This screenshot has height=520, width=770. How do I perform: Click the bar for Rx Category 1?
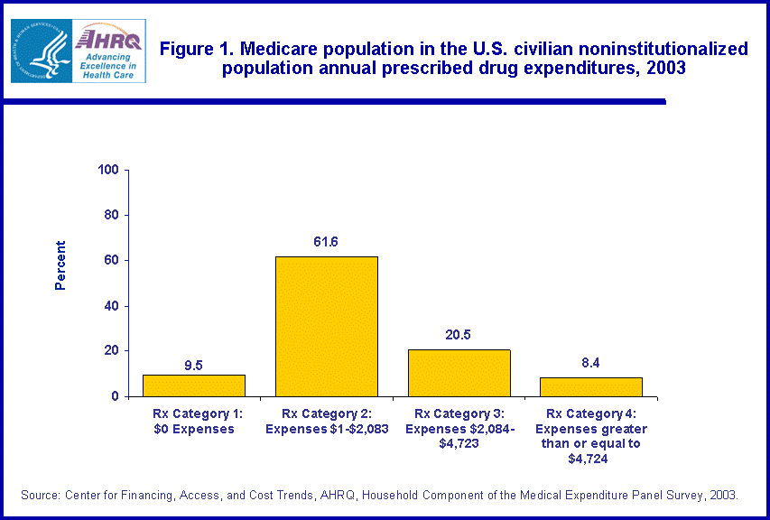click(x=194, y=385)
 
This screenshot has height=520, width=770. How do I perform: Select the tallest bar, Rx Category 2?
click(x=326, y=327)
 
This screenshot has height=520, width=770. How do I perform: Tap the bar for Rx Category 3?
click(x=459, y=373)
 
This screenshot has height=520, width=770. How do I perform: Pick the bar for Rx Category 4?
click(x=591, y=386)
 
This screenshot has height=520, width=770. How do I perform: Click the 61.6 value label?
click(x=326, y=242)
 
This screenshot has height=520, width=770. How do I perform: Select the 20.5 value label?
click(x=459, y=334)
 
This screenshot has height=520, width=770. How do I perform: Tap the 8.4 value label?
click(x=591, y=362)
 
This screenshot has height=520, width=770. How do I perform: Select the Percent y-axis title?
click(x=60, y=265)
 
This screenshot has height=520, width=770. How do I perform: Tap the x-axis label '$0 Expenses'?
click(x=194, y=429)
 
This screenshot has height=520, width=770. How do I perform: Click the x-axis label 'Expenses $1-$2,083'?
click(x=326, y=429)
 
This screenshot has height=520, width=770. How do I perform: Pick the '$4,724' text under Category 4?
click(x=591, y=459)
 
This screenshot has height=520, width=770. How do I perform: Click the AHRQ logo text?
click(x=107, y=39)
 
